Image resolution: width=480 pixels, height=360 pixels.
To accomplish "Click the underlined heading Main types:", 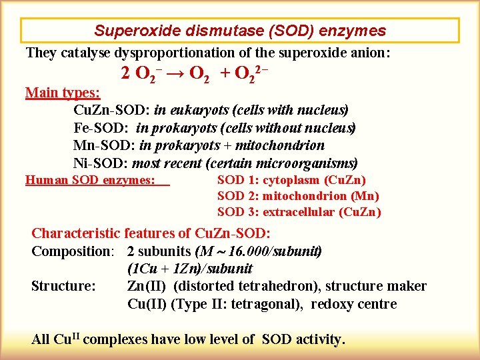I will pyautogui.click(x=63, y=93).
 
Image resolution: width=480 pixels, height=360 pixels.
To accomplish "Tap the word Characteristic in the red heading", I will pyautogui.click(x=76, y=233).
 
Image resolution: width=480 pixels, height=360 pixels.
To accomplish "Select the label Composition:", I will pyautogui.click(x=73, y=251).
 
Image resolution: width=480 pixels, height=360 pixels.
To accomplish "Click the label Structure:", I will pyautogui.click(x=63, y=286).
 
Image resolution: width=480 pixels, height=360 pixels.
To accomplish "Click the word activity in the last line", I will pyautogui.click(x=319, y=339).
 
